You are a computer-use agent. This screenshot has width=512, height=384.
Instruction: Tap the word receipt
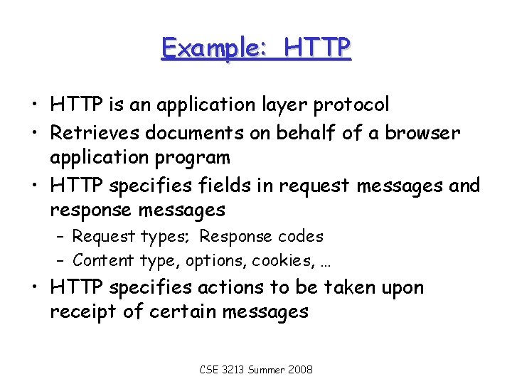(82, 312)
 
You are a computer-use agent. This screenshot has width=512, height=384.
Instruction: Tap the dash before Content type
(61, 260)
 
